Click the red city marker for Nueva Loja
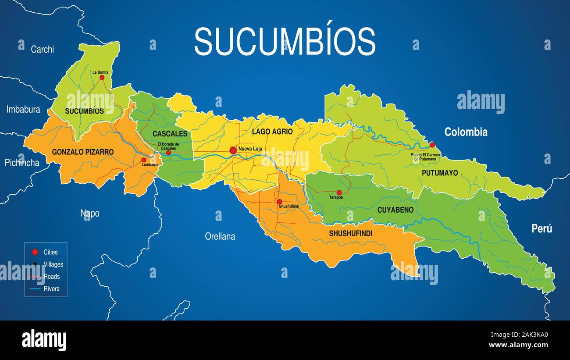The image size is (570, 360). (233, 150)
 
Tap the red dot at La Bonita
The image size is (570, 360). (102, 77)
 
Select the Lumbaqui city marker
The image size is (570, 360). (143, 160)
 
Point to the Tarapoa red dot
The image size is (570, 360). (339, 192)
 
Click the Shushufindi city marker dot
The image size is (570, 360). (279, 202)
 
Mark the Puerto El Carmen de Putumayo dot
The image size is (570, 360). (432, 145)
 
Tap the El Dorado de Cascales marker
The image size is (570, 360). (168, 153)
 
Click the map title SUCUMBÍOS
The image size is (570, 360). (285, 41)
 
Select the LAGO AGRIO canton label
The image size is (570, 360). (272, 132)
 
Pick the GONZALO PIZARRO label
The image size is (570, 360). (83, 152)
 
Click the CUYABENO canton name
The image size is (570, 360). (395, 210)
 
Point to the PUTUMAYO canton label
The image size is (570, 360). (440, 173)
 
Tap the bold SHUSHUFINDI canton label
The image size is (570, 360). (350, 233)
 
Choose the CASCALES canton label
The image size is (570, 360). (170, 134)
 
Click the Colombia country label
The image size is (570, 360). (466, 132)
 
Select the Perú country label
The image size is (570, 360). (541, 228)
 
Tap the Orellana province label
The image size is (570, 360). (220, 236)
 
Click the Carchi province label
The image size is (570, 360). (42, 49)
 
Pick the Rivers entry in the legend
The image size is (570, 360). (51, 289)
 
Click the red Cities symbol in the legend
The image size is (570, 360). (35, 252)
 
